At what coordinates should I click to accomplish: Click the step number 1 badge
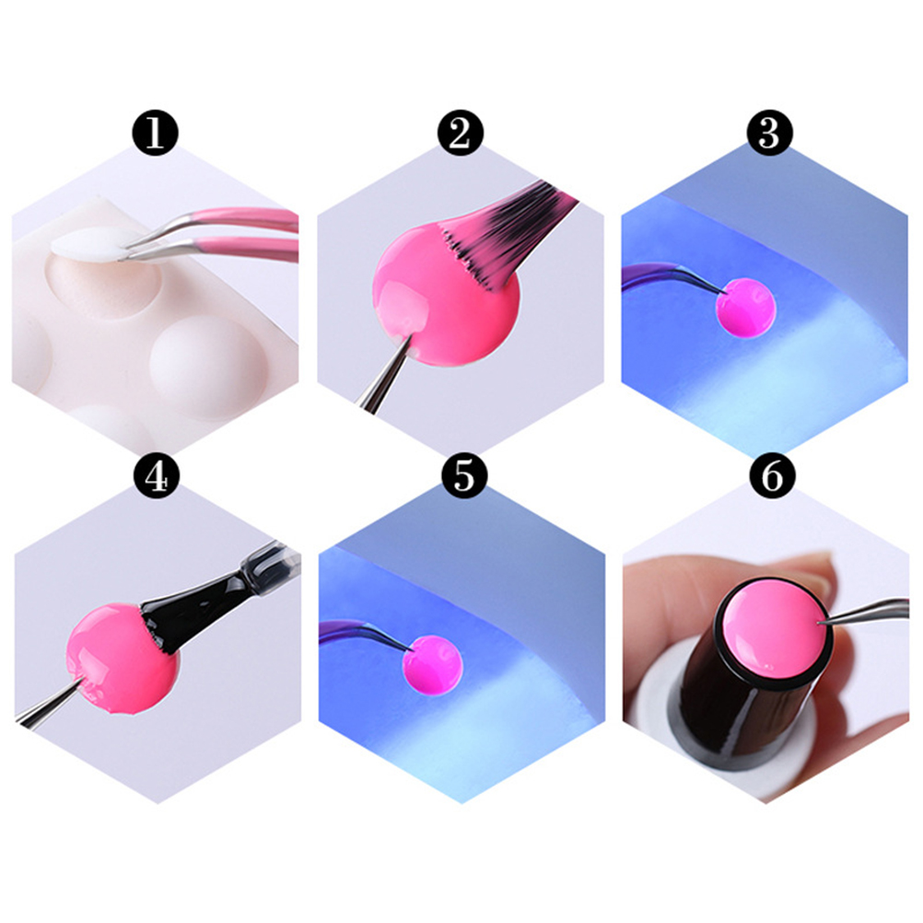155,133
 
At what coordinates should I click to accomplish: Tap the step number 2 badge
461,133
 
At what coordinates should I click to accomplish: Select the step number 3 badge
769,133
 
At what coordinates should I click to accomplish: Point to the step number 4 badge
157,475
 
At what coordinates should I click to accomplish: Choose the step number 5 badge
464,475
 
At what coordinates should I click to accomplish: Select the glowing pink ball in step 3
746,308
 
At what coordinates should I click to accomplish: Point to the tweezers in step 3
671,276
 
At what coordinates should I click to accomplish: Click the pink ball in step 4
121,658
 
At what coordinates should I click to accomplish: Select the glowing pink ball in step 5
433,666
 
